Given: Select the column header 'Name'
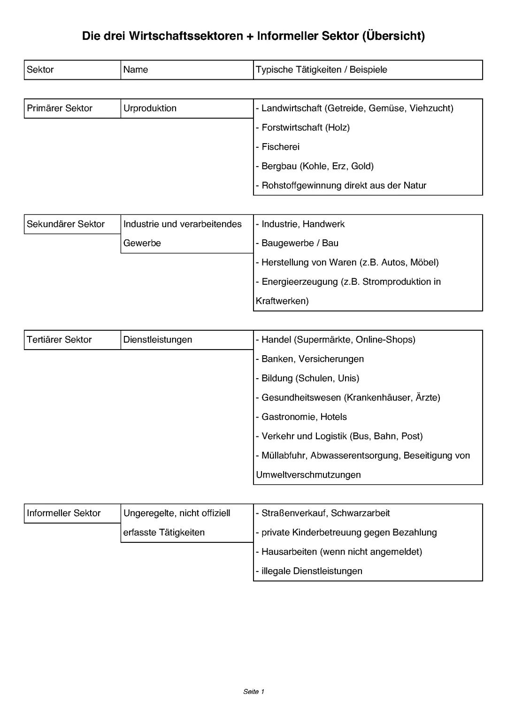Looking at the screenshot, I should pyautogui.click(x=136, y=70).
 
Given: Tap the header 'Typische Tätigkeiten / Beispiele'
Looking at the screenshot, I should pyautogui.click(x=322, y=70).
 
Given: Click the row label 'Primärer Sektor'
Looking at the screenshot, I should pyautogui.click(x=60, y=108).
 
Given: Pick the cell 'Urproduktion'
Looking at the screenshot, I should pyautogui.click(x=150, y=108).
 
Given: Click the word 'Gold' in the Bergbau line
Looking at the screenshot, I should pyautogui.click(x=362, y=166).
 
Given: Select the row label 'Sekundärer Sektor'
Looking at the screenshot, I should pyautogui.click(x=66, y=224).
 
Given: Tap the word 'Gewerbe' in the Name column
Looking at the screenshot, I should pyautogui.click(x=142, y=244).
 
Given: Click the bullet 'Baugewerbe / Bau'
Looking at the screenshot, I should pyautogui.click(x=300, y=244).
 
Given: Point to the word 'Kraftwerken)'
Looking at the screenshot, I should pyautogui.click(x=282, y=301).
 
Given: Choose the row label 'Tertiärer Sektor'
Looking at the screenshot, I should pyautogui.click(x=59, y=340).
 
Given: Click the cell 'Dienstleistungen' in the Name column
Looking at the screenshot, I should pyautogui.click(x=158, y=340).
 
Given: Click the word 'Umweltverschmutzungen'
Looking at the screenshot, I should pyautogui.click(x=308, y=475).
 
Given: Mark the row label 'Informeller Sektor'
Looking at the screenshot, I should pyautogui.click(x=64, y=513).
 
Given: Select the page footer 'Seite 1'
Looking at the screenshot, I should pyautogui.click(x=254, y=692).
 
